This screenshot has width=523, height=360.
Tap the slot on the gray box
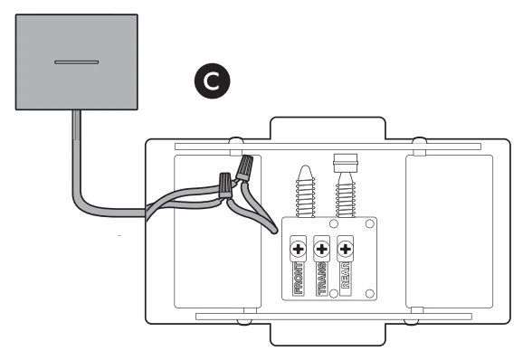click(x=75, y=62)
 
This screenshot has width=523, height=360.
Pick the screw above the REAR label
click(x=345, y=246)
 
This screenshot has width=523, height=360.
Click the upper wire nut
click(x=243, y=168)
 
